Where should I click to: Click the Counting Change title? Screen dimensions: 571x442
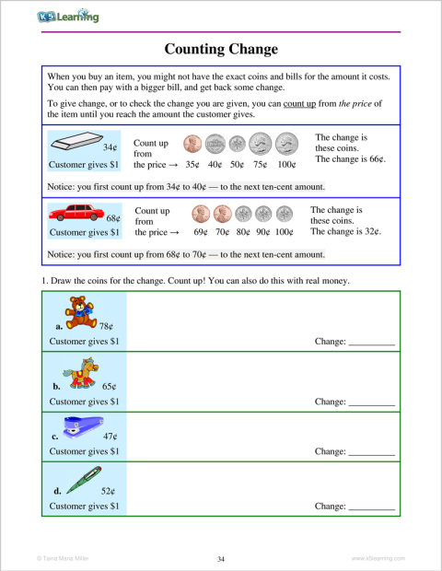point(220,48)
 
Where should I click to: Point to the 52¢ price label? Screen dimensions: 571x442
point(107,491)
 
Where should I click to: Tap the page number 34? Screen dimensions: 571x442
point(221,559)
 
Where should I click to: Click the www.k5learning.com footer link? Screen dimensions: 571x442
point(378,559)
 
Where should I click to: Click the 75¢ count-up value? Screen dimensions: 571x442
point(259,165)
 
